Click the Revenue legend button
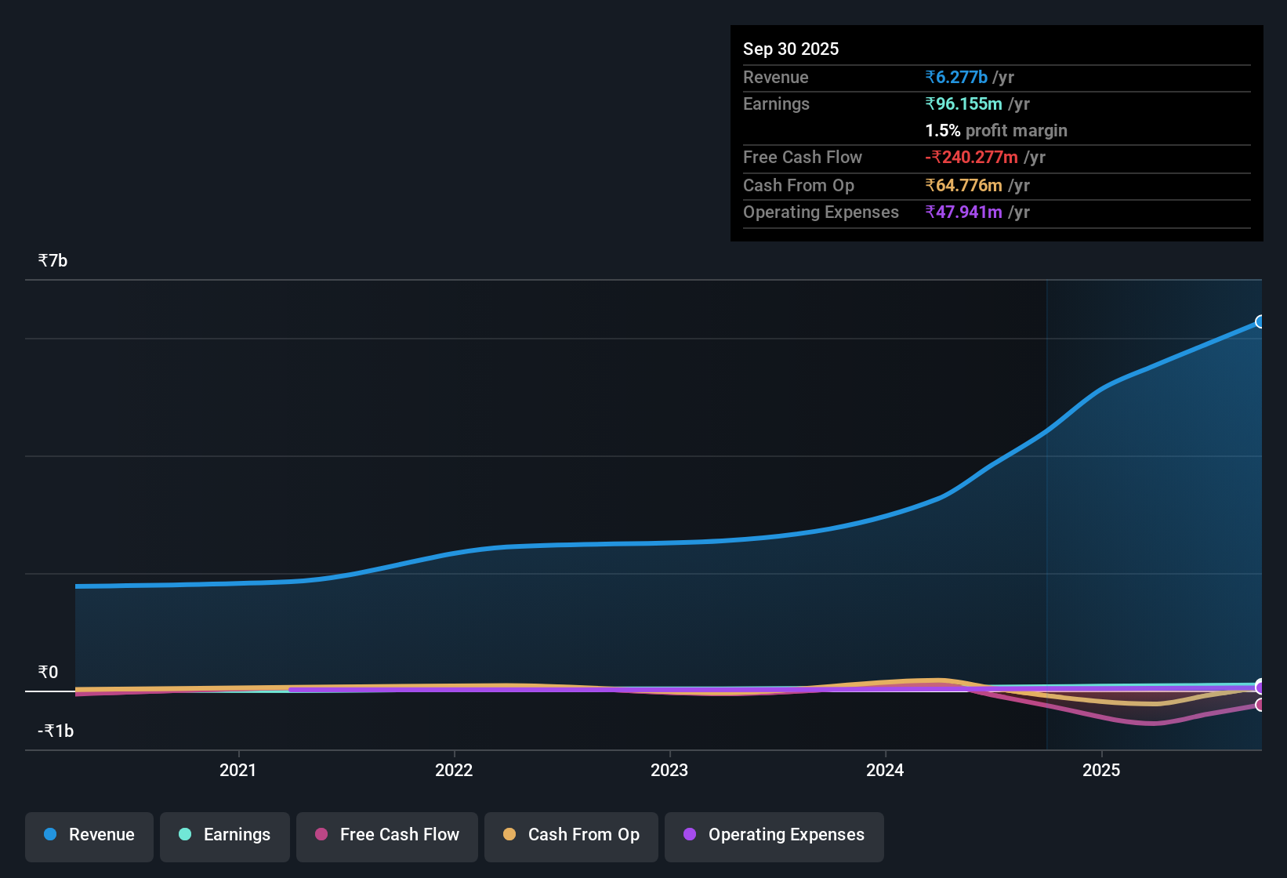coord(89,835)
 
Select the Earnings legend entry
coord(225,835)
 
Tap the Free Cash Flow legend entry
coord(387,835)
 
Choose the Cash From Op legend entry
coord(571,835)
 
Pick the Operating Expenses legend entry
coord(774,835)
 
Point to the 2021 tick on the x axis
coord(237,770)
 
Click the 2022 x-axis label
coord(454,770)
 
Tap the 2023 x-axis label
coord(669,770)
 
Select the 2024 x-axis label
coord(885,770)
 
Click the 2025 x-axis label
coord(1101,770)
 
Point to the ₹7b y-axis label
coord(53,260)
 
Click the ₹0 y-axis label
coord(48,672)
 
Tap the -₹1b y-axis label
coord(56,731)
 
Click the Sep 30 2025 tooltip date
coord(790,49)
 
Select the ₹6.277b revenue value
coord(956,77)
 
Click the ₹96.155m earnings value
coord(963,103)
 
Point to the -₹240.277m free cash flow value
coord(971,157)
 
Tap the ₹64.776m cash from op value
coord(963,185)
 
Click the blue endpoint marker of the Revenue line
coord(1260,321)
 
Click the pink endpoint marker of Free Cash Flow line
coord(1260,705)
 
